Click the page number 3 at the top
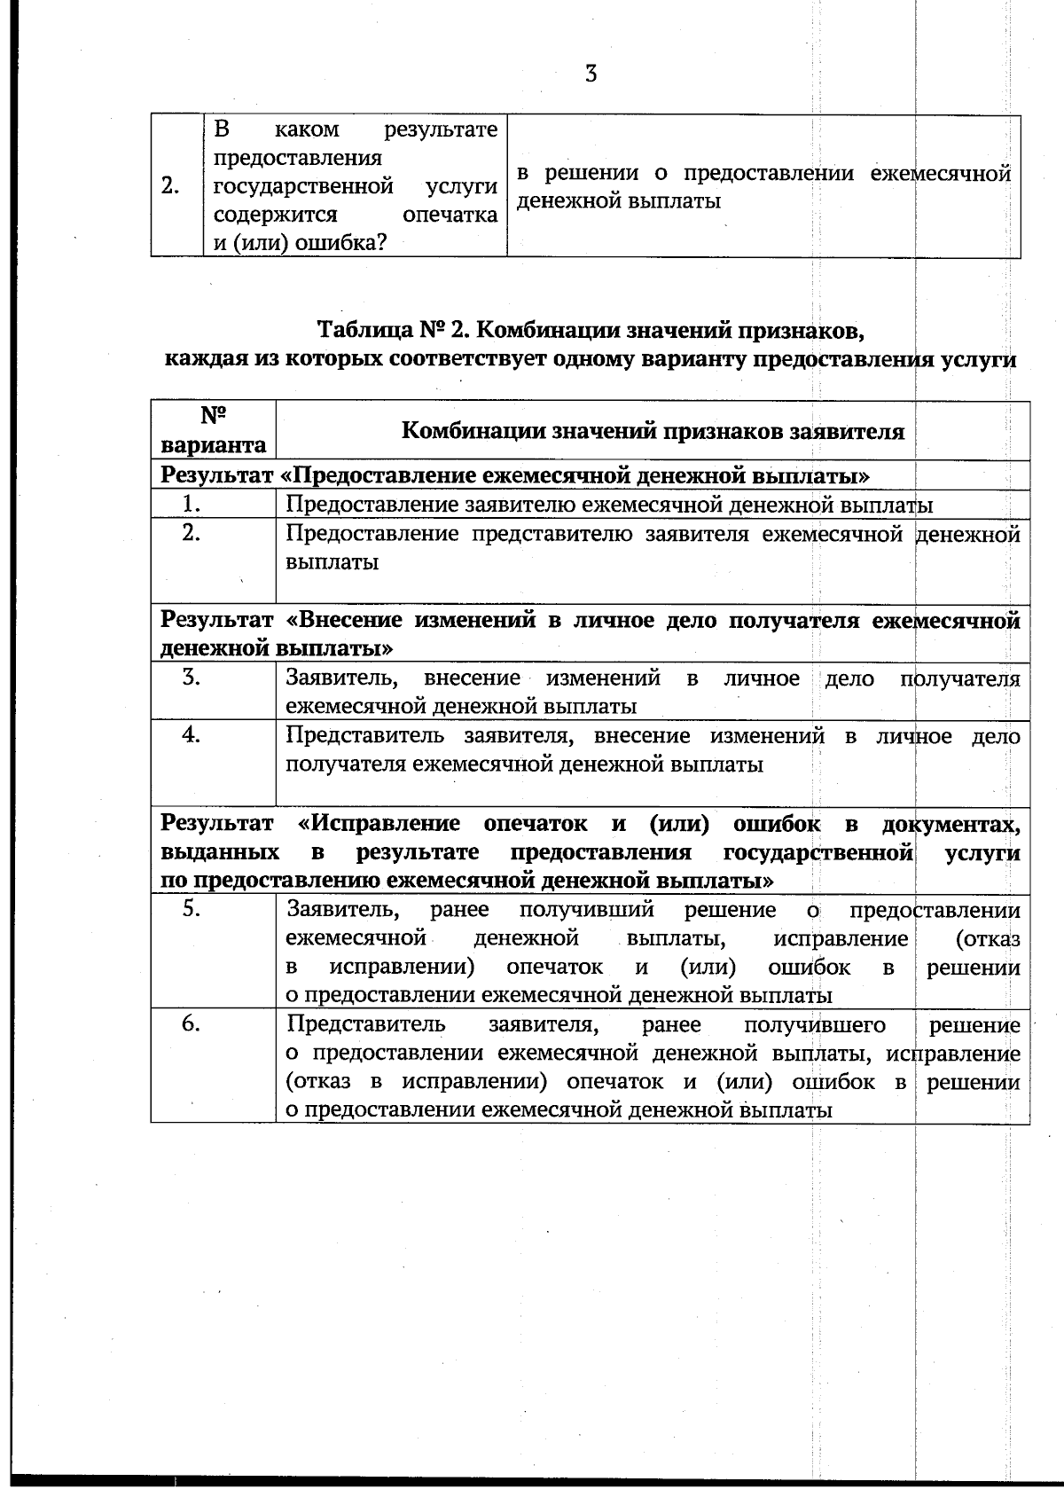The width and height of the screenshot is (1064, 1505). click(x=591, y=74)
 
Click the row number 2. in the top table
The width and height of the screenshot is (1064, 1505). click(x=171, y=186)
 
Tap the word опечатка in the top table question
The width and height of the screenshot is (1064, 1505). click(x=450, y=215)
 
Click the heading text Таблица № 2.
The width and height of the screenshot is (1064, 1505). click(x=391, y=331)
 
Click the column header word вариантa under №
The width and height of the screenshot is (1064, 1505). click(x=213, y=444)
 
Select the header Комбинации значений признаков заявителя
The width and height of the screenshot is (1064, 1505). click(x=653, y=431)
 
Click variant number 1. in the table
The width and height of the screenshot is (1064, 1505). click(x=189, y=504)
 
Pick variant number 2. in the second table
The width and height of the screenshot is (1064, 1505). click(x=190, y=533)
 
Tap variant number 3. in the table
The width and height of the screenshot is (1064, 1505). click(x=190, y=678)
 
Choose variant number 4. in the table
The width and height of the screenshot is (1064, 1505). click(x=190, y=735)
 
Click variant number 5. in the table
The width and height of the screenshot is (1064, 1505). click(x=190, y=909)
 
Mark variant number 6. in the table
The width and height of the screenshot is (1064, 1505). click(x=190, y=1024)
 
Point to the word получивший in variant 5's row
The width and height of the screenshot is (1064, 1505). click(x=586, y=910)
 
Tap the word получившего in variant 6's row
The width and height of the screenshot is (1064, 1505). click(x=814, y=1025)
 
